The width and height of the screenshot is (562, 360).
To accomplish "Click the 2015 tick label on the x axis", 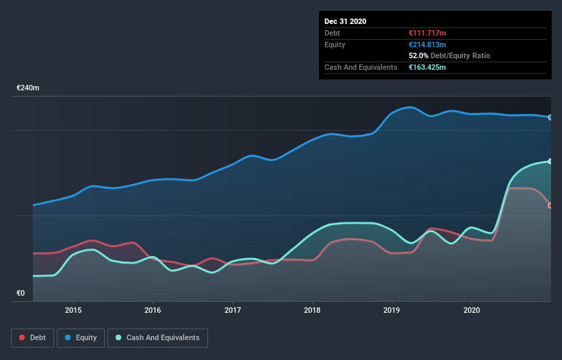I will point(73,310).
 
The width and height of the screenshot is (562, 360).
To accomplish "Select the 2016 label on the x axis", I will point(153,310).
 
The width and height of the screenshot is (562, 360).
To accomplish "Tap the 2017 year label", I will point(233,310).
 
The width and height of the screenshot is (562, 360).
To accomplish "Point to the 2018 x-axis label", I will point(312,310).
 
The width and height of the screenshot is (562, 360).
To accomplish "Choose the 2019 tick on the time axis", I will point(392,310).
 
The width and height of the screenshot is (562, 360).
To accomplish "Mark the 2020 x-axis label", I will point(472,310).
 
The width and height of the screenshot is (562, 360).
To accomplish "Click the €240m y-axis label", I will point(28,88).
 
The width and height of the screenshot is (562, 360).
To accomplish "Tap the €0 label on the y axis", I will point(21,294).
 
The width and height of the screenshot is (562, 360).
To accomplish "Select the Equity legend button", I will point(80,337).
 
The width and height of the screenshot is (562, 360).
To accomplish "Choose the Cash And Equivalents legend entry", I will point(157,337).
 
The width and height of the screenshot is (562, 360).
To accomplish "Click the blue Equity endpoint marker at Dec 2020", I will point(550,118).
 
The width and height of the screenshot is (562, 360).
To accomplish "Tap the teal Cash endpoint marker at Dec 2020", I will point(550,162).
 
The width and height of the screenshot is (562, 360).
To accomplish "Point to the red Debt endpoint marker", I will point(550,205).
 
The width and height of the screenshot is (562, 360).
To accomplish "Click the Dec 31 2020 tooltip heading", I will point(345,21).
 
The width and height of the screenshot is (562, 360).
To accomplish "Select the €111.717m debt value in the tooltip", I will point(427,33).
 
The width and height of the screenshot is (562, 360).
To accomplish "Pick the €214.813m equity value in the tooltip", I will point(427,44).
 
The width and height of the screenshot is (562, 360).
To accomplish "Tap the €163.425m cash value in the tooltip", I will point(429,67).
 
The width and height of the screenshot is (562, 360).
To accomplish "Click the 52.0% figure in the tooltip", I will point(418,55).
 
